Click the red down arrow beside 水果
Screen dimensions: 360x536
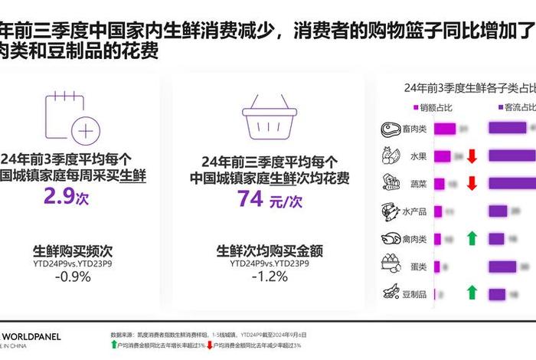pos(472,156)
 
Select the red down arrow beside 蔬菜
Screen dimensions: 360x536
pos(472,184)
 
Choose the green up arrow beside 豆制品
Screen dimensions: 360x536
pos(472,293)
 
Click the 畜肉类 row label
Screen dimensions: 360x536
pos(413,129)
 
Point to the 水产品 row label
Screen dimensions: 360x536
pos(413,211)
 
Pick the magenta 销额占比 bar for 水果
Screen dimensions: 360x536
pos(443,156)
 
